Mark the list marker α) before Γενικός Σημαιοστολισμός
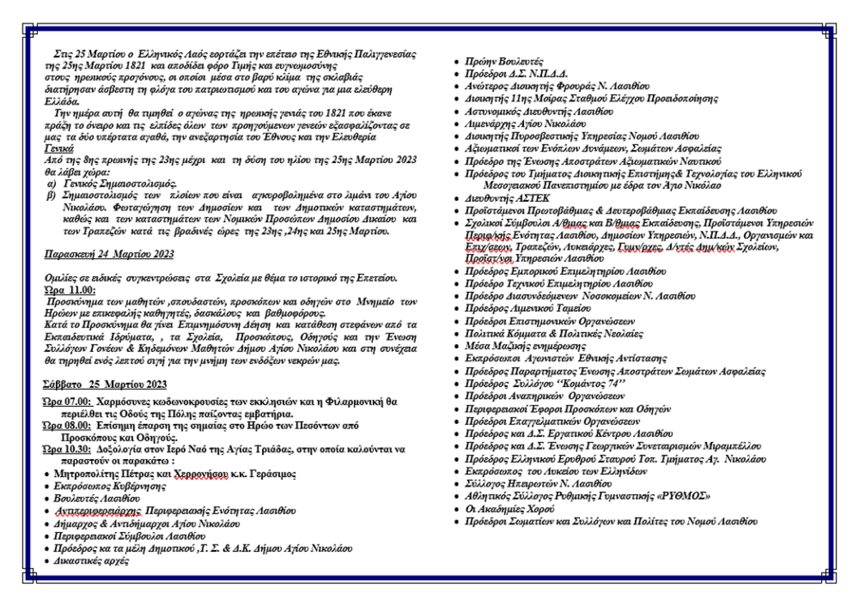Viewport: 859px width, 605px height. pyautogui.click(x=51, y=183)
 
